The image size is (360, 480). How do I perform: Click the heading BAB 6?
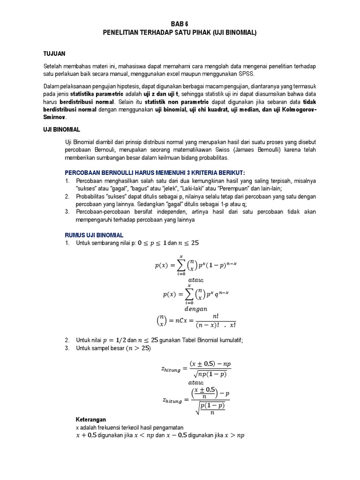(x=180, y=23)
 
